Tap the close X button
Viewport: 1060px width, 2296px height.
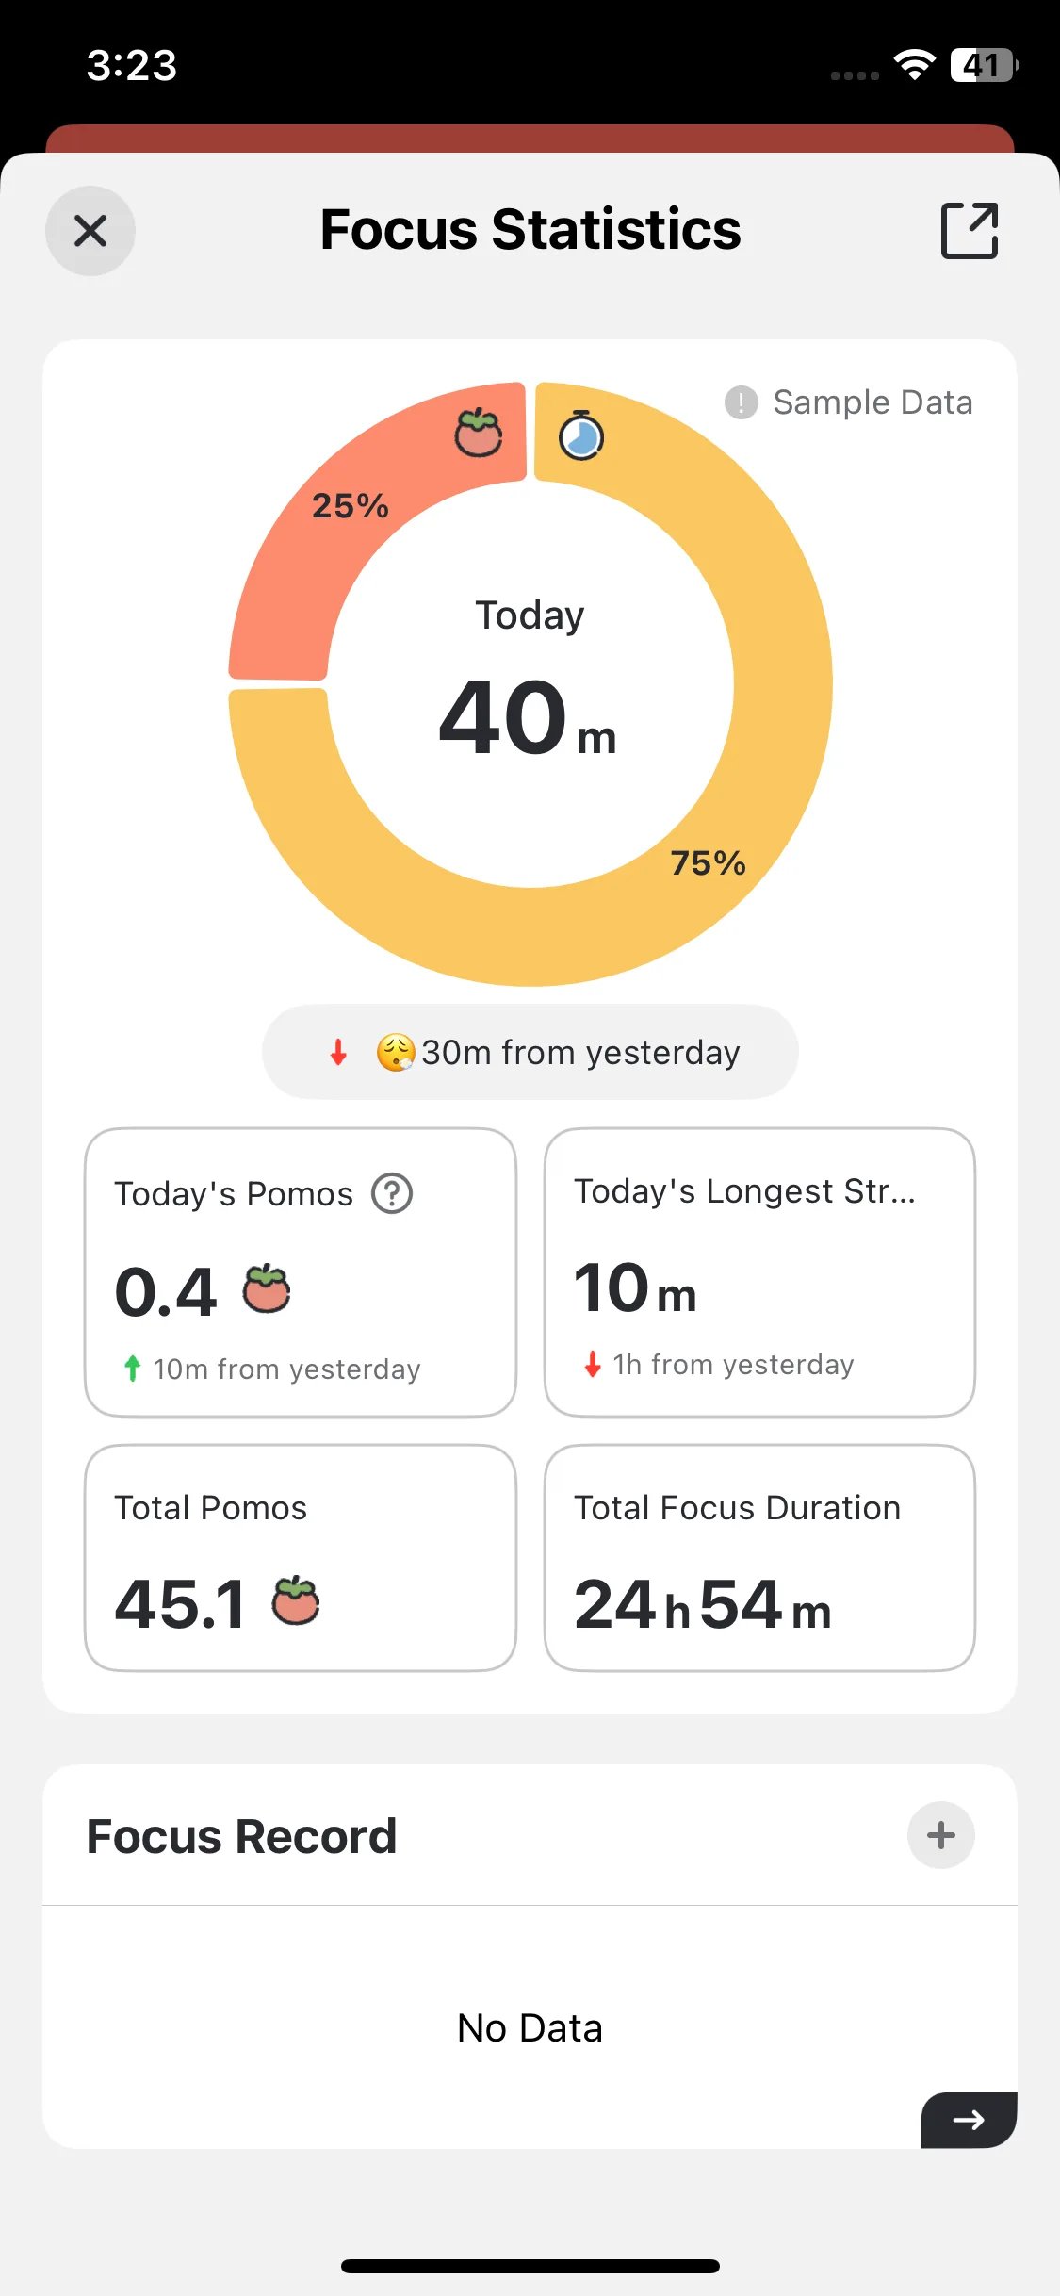pos(90,231)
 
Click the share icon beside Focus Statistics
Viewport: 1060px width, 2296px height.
pos(970,230)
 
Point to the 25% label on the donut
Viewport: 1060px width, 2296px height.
pos(351,506)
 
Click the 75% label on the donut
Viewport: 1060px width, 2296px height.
pos(708,862)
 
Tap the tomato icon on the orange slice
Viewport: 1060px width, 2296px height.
pos(479,434)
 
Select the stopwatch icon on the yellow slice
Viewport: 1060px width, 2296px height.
pos(581,435)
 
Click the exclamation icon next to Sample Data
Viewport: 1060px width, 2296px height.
pos(742,402)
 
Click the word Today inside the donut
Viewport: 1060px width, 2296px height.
pos(530,615)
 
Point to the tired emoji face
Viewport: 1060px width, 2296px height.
pos(396,1052)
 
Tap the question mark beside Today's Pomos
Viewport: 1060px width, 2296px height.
pos(392,1194)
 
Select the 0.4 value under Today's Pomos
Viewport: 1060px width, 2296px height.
pos(166,1292)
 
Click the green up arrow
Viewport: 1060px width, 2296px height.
pos(133,1368)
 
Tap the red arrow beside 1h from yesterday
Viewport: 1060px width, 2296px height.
pos(593,1364)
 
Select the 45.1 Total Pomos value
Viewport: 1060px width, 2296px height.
pos(181,1604)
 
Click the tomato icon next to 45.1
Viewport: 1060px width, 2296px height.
pos(296,1600)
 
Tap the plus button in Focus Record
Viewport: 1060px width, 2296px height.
pos(940,1835)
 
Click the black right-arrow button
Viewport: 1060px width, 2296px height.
pos(969,2120)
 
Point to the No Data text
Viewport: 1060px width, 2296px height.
pos(530,2028)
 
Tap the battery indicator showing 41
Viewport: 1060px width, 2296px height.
pos(984,65)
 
